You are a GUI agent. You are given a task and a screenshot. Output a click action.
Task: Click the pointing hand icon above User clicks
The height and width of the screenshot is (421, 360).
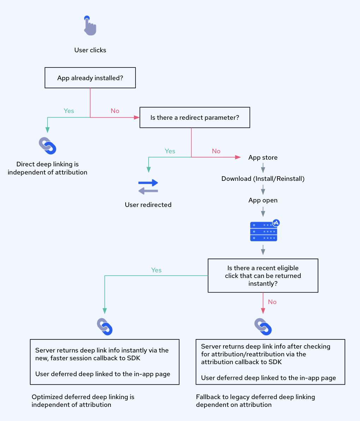pos(90,26)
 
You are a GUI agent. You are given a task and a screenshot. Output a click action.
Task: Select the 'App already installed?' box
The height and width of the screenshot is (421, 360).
pos(90,78)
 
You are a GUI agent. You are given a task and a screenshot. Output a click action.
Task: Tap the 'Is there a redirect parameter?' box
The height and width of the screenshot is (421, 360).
pos(195,118)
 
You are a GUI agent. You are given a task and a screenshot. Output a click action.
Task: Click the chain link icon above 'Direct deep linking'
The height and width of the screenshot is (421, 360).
pos(48,146)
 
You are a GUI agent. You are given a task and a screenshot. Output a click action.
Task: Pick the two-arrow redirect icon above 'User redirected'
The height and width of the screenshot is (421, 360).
pos(148,186)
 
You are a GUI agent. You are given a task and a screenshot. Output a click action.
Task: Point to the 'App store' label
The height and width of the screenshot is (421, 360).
pos(263,158)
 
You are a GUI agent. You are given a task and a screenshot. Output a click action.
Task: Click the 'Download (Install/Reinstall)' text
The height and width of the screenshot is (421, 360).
pos(263,179)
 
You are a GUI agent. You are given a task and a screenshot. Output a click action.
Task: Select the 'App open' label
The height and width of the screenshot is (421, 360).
pos(263,200)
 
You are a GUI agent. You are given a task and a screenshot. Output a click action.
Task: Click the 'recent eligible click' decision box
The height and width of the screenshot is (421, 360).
pos(263,276)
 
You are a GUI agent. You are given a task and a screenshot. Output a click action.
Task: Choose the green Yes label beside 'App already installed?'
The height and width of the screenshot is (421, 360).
pos(69,111)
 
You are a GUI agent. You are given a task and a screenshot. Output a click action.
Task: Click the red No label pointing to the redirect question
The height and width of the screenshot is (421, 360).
pos(115,111)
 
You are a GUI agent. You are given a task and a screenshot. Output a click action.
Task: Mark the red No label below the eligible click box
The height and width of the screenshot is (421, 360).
pos(272,302)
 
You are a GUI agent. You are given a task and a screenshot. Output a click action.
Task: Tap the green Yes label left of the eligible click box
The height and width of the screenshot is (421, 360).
pos(156,270)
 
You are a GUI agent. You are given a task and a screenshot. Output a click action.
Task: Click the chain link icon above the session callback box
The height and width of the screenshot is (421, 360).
pos(104,327)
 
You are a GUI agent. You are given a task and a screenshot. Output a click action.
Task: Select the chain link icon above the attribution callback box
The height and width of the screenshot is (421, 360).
pos(263,327)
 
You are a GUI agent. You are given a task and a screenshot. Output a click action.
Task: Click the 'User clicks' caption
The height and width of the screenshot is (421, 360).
pos(90,50)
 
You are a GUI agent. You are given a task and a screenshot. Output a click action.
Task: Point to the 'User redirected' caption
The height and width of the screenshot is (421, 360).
pos(148,205)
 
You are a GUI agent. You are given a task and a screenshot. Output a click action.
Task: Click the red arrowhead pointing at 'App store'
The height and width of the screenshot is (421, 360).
pos(238,157)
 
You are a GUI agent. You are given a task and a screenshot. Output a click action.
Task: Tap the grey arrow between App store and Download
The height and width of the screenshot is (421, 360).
pos(263,168)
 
